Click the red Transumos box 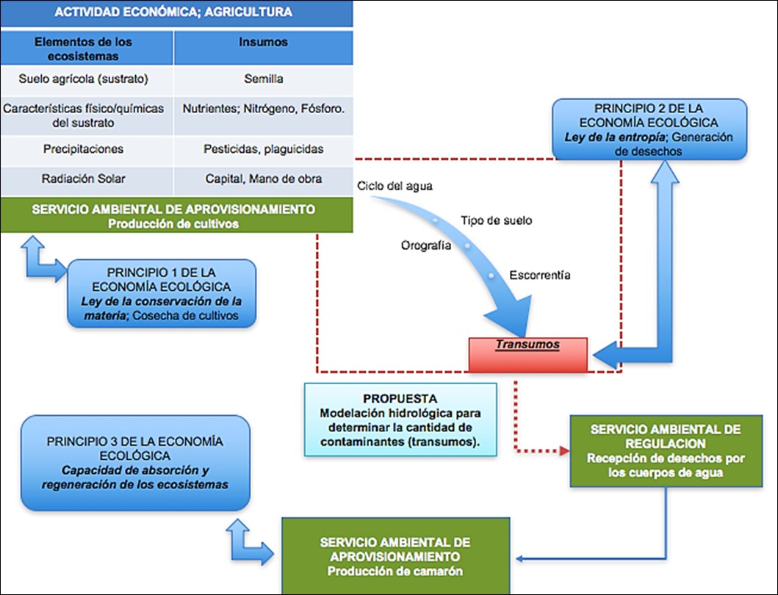(x=527, y=353)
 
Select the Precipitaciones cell (x=84, y=149)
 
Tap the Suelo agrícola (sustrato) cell (x=84, y=79)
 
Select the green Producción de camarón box (x=395, y=555)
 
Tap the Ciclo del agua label (x=395, y=186)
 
